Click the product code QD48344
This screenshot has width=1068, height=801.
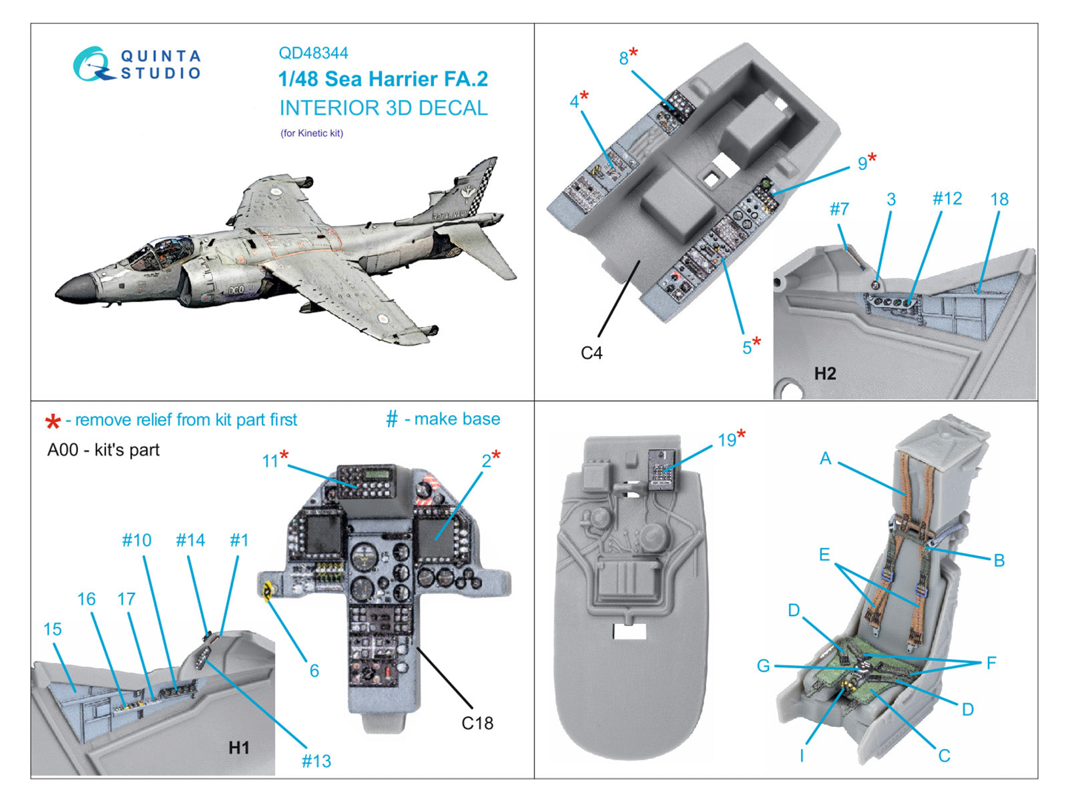313,53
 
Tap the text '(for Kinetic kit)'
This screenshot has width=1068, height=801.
312,133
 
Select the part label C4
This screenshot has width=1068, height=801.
591,352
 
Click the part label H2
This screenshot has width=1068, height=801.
825,373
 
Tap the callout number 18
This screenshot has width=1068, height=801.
999,199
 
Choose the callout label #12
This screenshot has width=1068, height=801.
947,198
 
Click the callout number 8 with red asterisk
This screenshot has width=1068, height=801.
624,58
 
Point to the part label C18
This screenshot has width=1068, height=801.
477,723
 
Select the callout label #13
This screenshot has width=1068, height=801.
316,761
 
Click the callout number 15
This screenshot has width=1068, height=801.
53,629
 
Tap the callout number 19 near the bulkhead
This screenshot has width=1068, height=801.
727,440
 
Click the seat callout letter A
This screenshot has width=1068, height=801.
826,459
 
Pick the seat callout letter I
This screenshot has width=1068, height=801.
802,755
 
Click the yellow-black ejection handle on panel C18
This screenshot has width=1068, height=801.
268,590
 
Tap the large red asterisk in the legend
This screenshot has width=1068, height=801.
53,422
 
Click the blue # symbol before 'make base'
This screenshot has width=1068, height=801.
392,419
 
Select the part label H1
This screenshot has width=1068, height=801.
238,747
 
